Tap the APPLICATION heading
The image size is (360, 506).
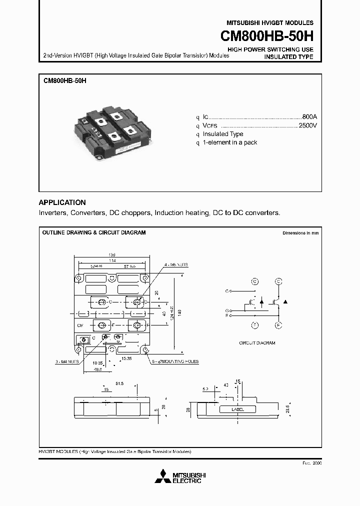62,202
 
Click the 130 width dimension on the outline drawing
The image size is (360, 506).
112,255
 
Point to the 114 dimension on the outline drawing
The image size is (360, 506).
112,260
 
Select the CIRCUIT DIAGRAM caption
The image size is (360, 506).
257,343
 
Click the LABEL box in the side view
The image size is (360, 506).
237,409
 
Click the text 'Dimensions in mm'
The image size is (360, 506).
300,233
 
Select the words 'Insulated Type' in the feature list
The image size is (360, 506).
223,134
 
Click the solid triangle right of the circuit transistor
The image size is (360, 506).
285,301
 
